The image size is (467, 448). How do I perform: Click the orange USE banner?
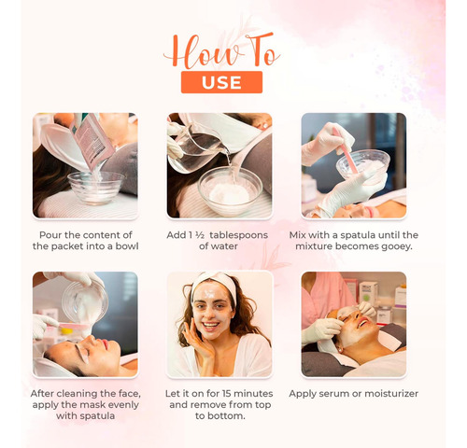(x=221, y=82)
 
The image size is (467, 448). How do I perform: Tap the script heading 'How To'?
(x=221, y=50)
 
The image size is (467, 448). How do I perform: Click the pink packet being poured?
(x=92, y=142)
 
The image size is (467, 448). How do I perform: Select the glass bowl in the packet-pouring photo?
(x=95, y=188)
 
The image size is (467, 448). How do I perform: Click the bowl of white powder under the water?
(x=230, y=190)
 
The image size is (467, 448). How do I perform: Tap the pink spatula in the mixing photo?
(x=346, y=150)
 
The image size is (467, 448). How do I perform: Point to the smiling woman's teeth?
(x=210, y=326)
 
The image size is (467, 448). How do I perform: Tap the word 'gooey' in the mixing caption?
(x=396, y=246)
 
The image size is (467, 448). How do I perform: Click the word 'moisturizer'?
(x=391, y=394)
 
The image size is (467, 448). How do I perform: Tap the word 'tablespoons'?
(x=238, y=235)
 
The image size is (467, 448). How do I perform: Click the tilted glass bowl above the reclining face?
(x=85, y=301)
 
